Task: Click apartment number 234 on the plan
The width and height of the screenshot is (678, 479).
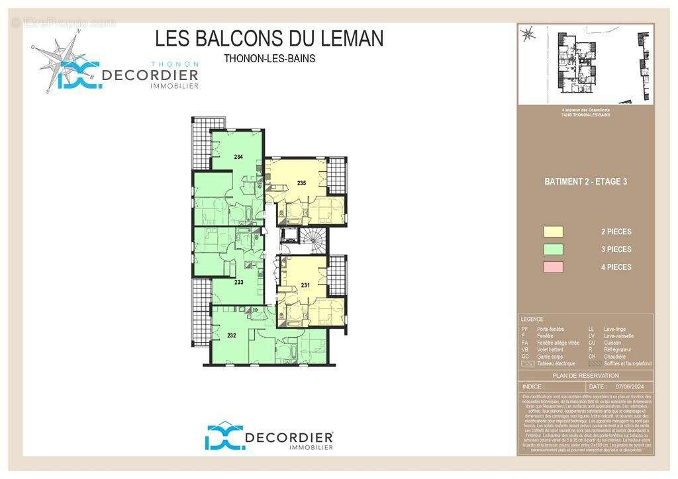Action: (x=238, y=157)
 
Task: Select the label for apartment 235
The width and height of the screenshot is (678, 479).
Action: (x=301, y=183)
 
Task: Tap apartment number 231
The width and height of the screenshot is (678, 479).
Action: (x=305, y=285)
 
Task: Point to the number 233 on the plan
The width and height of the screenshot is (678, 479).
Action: (x=238, y=282)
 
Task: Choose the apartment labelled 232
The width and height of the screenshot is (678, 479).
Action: (x=231, y=335)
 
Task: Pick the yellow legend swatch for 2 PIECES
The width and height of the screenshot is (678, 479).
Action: (x=553, y=232)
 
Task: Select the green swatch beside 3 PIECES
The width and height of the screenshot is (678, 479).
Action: (x=553, y=249)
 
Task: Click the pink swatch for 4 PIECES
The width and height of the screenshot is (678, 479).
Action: (x=553, y=267)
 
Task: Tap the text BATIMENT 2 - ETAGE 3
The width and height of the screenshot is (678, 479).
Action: (x=585, y=181)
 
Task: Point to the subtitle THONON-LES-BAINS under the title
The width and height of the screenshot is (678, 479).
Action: (x=269, y=58)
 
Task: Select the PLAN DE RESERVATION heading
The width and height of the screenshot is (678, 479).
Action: (x=585, y=376)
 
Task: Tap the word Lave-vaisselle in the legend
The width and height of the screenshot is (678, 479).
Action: (x=618, y=335)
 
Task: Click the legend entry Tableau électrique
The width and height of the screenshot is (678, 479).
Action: (x=556, y=363)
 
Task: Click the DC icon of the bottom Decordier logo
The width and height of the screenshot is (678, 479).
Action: (x=223, y=437)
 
